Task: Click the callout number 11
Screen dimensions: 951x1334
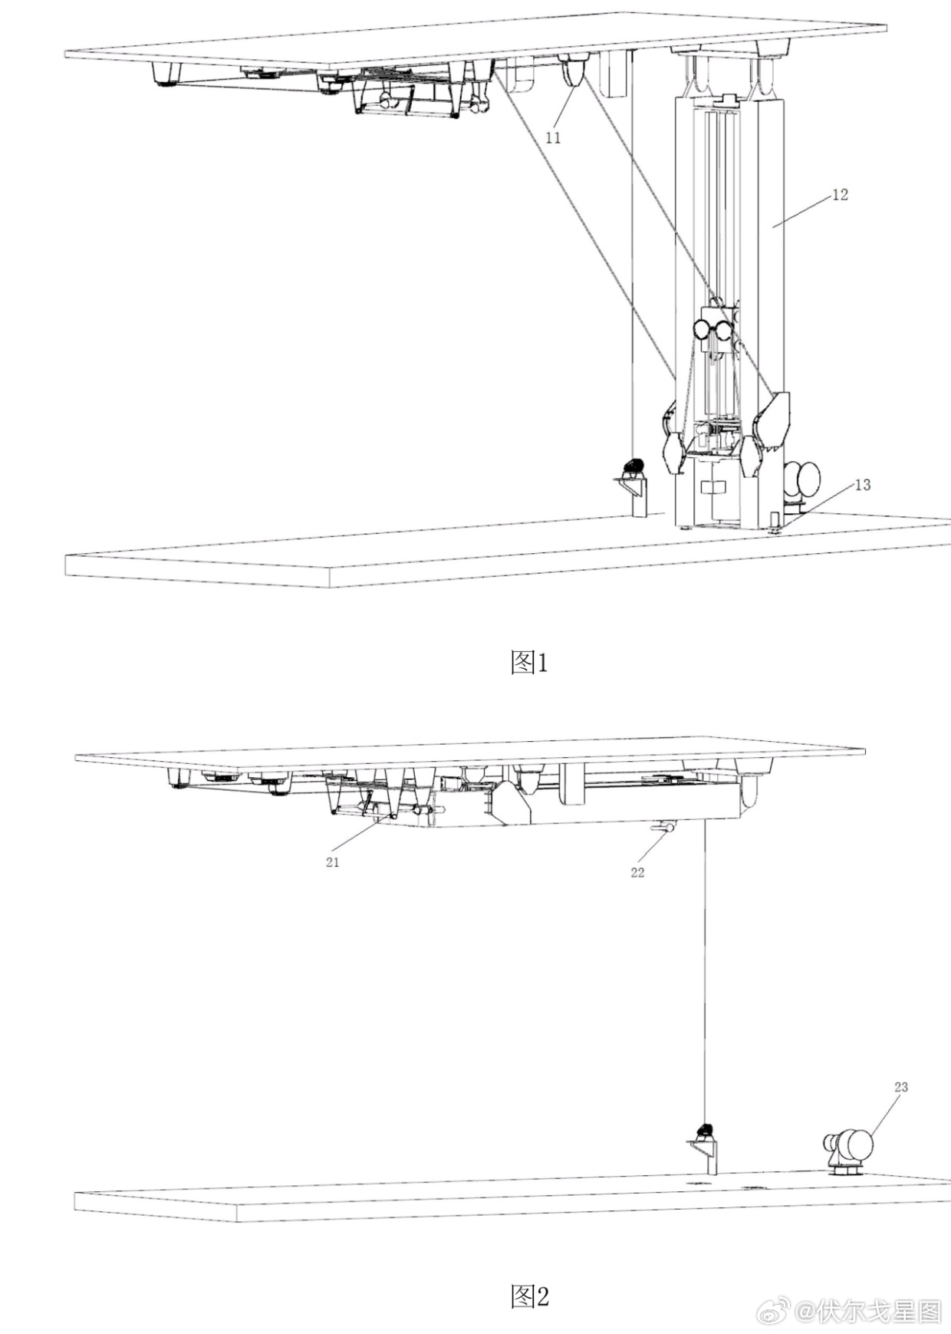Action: coord(553,137)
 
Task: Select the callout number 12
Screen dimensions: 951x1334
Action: coord(841,195)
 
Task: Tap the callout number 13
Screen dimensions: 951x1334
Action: coord(863,485)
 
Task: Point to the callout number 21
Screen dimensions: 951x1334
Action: coord(332,862)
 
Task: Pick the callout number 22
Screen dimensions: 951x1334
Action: coord(637,872)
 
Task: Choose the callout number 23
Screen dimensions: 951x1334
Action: coord(901,1087)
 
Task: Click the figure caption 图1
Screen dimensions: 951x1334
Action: coord(530,662)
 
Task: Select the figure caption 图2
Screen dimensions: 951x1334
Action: coord(530,1296)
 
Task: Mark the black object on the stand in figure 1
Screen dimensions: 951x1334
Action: coord(633,466)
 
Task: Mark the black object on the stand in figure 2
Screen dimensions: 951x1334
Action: coord(705,1130)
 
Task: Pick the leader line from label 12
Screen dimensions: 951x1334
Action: coord(802,209)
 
